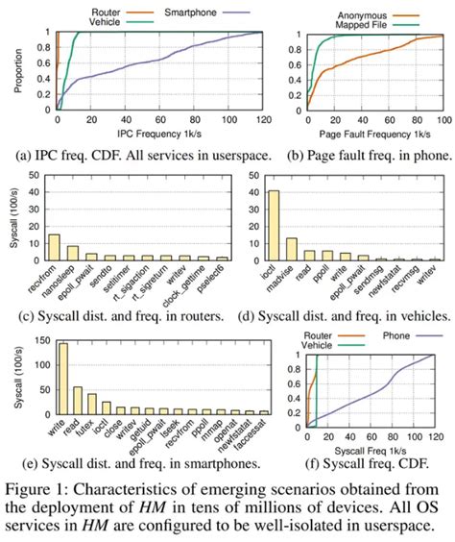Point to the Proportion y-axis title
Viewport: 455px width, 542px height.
11,67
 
